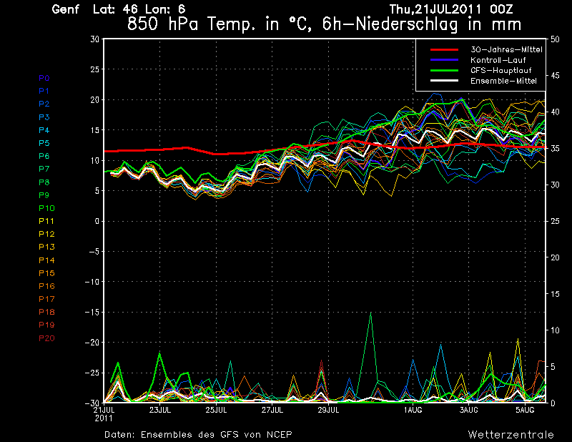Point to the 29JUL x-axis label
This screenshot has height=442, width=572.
[328, 411]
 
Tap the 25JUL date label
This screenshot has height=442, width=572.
[217, 411]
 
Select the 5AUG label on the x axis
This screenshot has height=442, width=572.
[526, 411]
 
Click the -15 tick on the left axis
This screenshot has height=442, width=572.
[92, 313]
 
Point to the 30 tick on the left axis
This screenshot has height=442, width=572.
[95, 39]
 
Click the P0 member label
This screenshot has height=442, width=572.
[44, 78]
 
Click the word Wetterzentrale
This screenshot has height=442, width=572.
[511, 435]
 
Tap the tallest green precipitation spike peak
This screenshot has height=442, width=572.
[370, 313]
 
